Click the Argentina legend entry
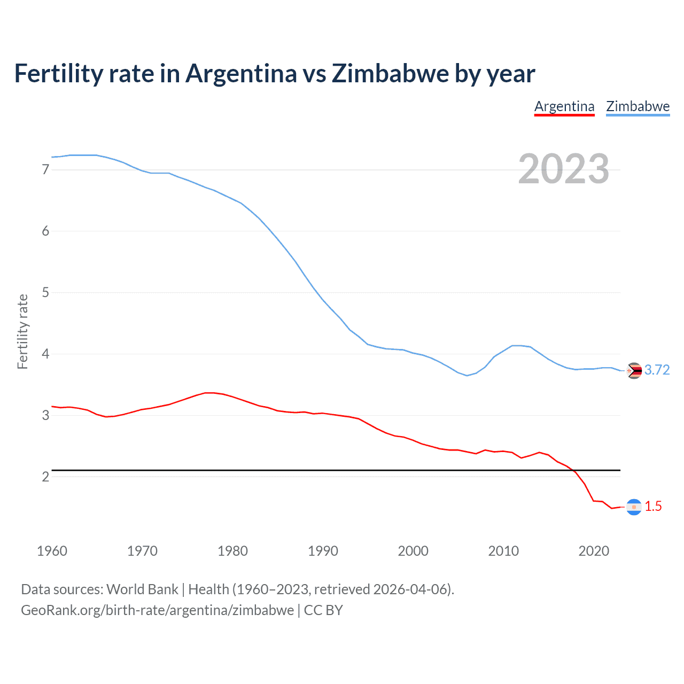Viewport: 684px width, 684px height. (564, 106)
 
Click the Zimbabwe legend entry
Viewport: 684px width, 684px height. (638, 106)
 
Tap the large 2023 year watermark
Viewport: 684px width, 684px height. (563, 169)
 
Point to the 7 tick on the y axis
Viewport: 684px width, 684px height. (45, 170)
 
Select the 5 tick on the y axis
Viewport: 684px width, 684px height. (45, 292)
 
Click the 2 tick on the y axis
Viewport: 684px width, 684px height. (45, 477)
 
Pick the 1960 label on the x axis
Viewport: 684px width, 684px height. (52, 551)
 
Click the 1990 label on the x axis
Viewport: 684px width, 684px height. (323, 551)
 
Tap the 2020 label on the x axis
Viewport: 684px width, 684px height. (594, 551)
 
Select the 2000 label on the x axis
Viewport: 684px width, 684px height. (413, 551)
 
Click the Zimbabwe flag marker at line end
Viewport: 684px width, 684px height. (634, 370)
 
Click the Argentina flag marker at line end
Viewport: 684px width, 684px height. (634, 507)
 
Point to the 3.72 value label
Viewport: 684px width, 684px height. (657, 370)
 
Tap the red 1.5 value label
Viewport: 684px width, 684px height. (653, 507)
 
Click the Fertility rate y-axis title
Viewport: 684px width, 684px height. (22, 331)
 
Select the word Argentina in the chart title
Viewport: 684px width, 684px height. (242, 74)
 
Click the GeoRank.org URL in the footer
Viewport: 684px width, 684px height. (157, 610)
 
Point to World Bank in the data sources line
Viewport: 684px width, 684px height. (142, 589)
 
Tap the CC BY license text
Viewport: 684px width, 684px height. (323, 610)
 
